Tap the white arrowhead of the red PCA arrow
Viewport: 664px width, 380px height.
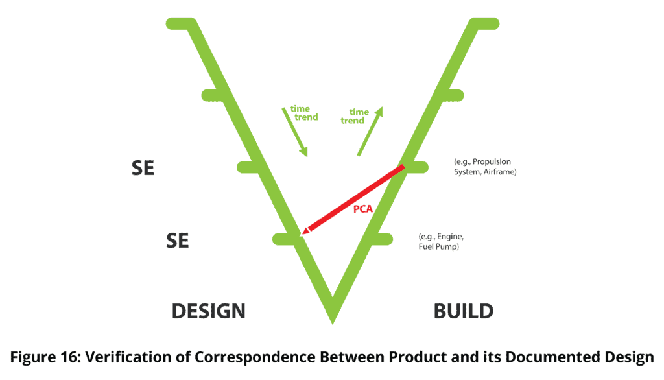click(x=305, y=230)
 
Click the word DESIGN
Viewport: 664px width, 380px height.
click(x=208, y=311)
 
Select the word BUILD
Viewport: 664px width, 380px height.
click(x=463, y=311)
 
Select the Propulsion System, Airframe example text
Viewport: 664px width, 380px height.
click(x=488, y=167)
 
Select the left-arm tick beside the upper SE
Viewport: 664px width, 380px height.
click(x=247, y=167)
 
